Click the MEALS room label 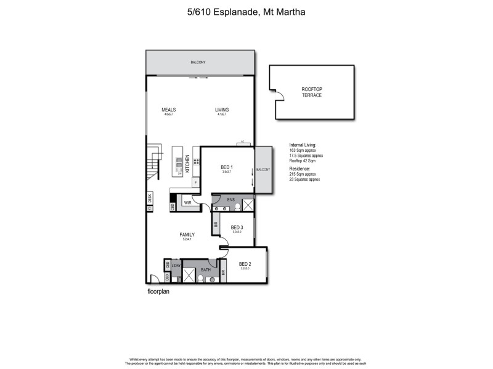(x=169, y=110)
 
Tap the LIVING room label (x=222, y=110)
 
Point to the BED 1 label (x=227, y=167)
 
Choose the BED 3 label (x=237, y=227)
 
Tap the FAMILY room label (x=187, y=235)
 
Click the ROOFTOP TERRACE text (x=311, y=92)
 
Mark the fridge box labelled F (x=195, y=183)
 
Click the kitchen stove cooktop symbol (x=197, y=162)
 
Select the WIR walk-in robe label (x=187, y=202)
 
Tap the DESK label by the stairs (x=150, y=197)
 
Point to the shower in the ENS (x=248, y=205)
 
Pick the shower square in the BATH (x=190, y=275)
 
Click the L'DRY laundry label (x=176, y=265)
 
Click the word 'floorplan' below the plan (x=158, y=292)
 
